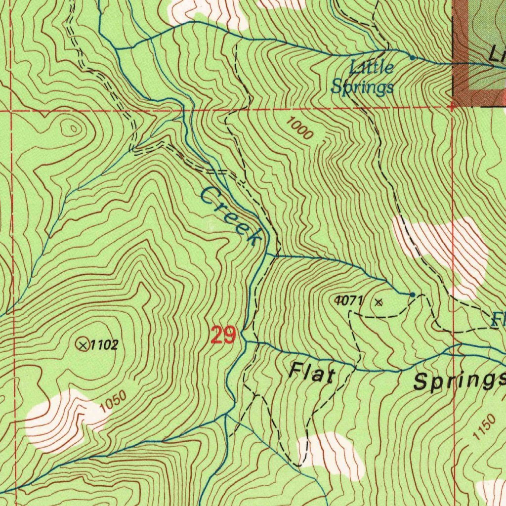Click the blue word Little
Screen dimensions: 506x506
click(x=372, y=67)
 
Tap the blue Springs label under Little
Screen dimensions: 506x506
click(x=362, y=87)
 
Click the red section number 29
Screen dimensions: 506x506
click(x=224, y=336)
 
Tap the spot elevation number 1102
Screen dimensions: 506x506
click(x=104, y=345)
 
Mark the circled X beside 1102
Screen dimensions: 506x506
click(x=83, y=344)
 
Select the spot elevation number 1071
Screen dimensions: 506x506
click(x=349, y=300)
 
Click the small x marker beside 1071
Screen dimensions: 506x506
click(x=379, y=302)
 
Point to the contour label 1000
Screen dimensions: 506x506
click(x=299, y=128)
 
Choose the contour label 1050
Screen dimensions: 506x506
click(x=112, y=401)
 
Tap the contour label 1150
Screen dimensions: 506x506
click(x=483, y=427)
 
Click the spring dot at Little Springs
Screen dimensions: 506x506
click(x=413, y=57)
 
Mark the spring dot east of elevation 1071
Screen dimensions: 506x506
click(x=412, y=295)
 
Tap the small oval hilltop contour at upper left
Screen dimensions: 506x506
click(x=73, y=128)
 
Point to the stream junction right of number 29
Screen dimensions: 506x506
click(x=245, y=341)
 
